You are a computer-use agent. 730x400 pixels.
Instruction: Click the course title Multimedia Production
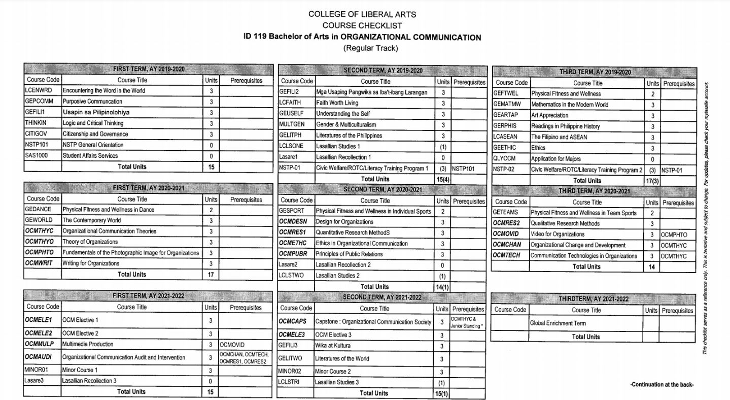(88, 344)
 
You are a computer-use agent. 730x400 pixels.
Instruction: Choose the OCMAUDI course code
(39, 357)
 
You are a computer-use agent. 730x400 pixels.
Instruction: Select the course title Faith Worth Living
(337, 103)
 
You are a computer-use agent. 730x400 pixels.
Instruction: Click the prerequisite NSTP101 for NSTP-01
(464, 169)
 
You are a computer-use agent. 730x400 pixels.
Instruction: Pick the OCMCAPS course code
(293, 322)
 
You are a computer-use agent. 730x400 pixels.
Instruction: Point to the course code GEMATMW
(507, 105)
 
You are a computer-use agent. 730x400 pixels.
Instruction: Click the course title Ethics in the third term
(538, 148)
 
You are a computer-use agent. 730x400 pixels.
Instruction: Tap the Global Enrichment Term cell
(558, 323)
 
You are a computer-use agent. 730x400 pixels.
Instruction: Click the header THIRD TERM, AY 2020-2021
(594, 191)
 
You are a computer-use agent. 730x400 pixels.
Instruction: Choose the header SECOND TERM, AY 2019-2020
(383, 71)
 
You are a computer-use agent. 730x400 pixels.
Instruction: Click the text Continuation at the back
(662, 385)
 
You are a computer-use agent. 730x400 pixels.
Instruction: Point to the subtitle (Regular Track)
(370, 48)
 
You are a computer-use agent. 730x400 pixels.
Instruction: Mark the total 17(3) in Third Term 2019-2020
(652, 181)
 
